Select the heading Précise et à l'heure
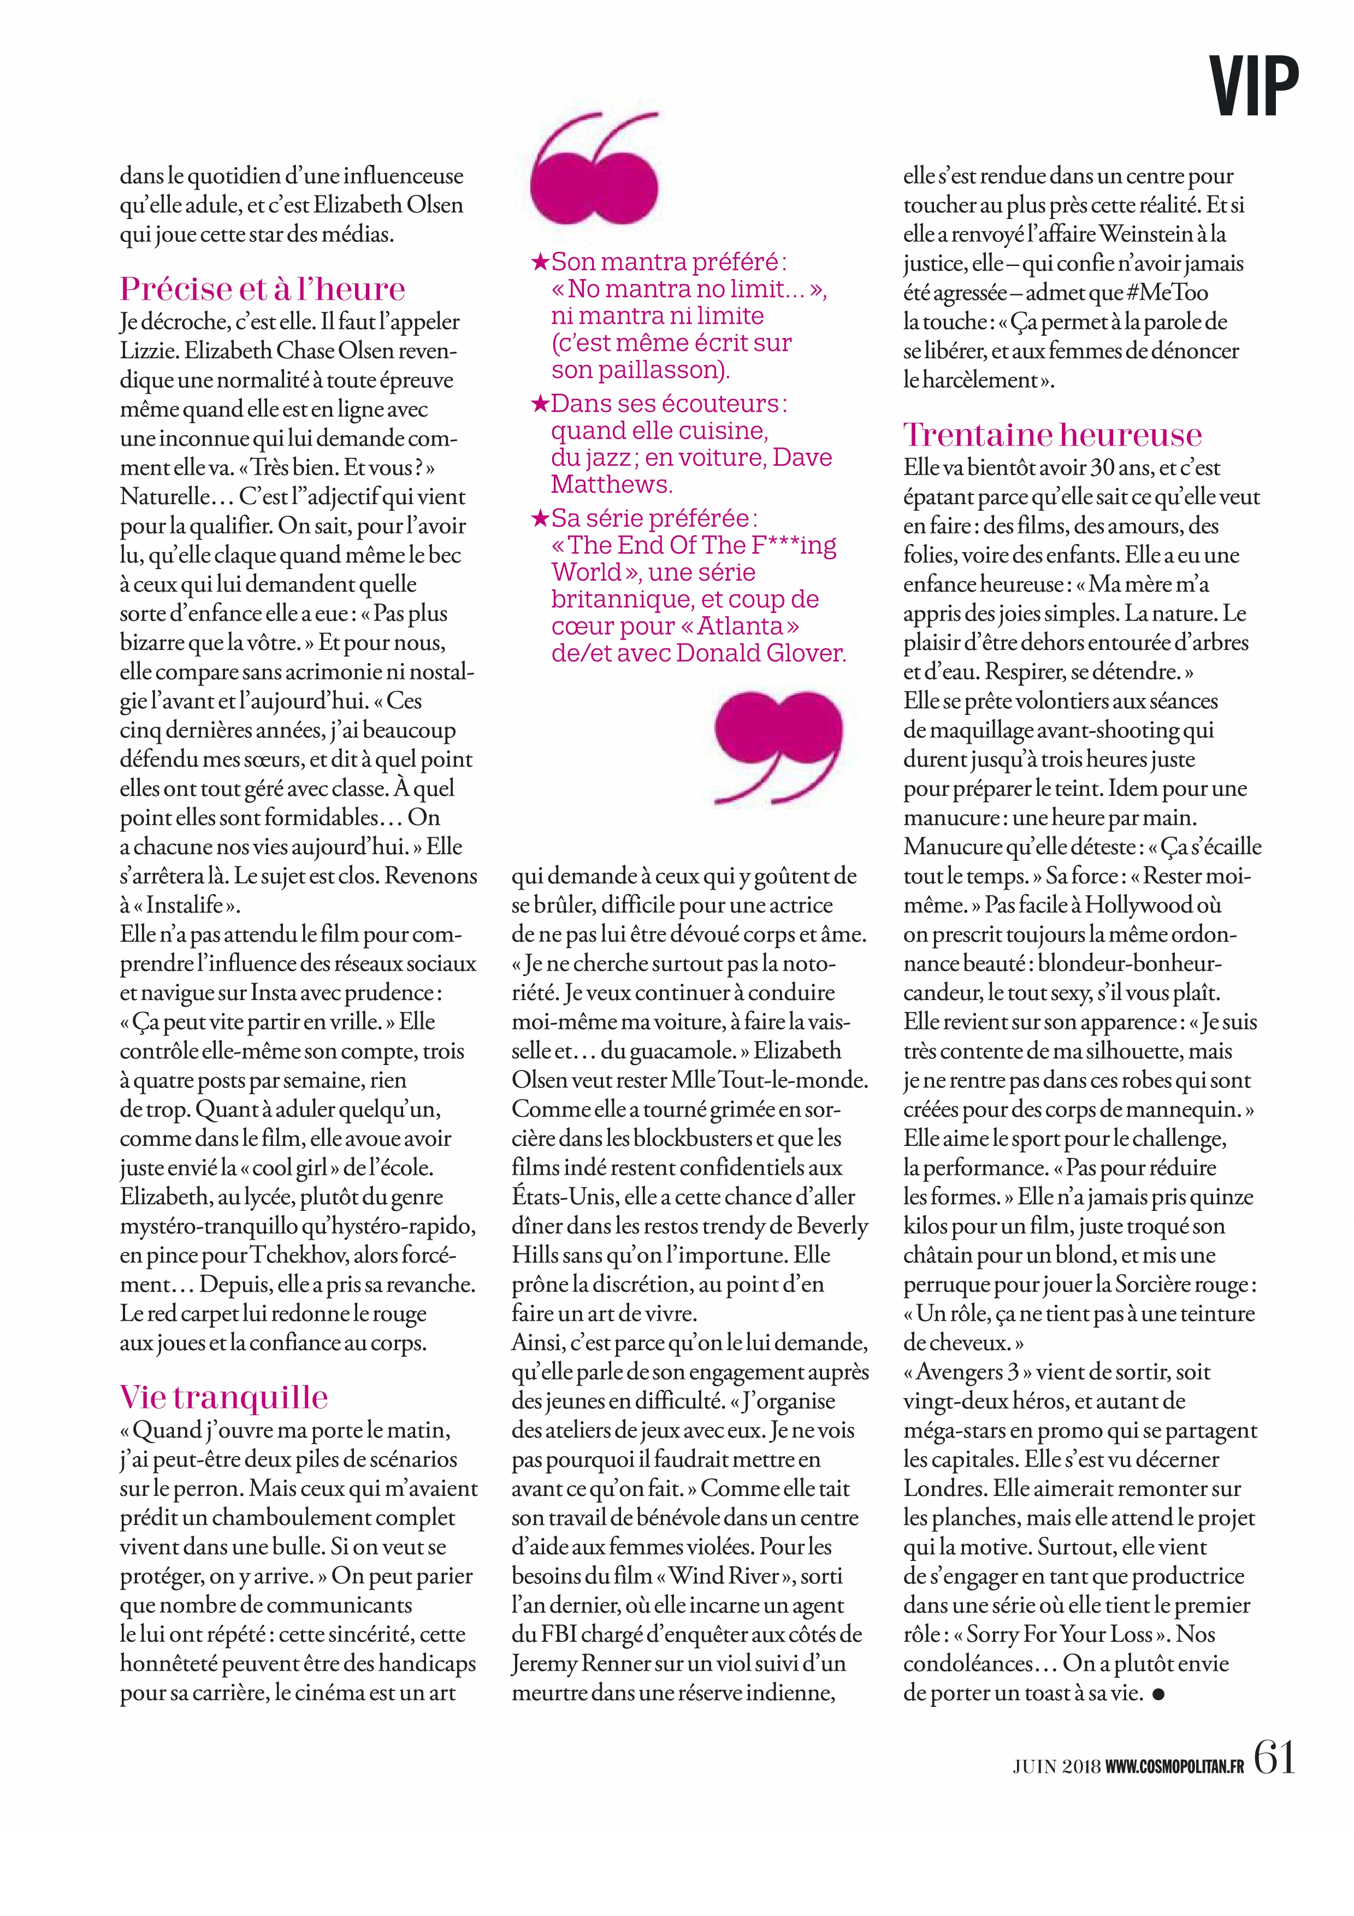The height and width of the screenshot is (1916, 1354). click(263, 289)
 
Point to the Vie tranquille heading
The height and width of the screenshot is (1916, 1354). click(223, 1397)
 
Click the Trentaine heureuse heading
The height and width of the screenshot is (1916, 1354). click(1052, 435)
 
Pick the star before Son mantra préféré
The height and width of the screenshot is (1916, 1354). click(540, 263)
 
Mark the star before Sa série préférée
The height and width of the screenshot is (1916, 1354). click(540, 519)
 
